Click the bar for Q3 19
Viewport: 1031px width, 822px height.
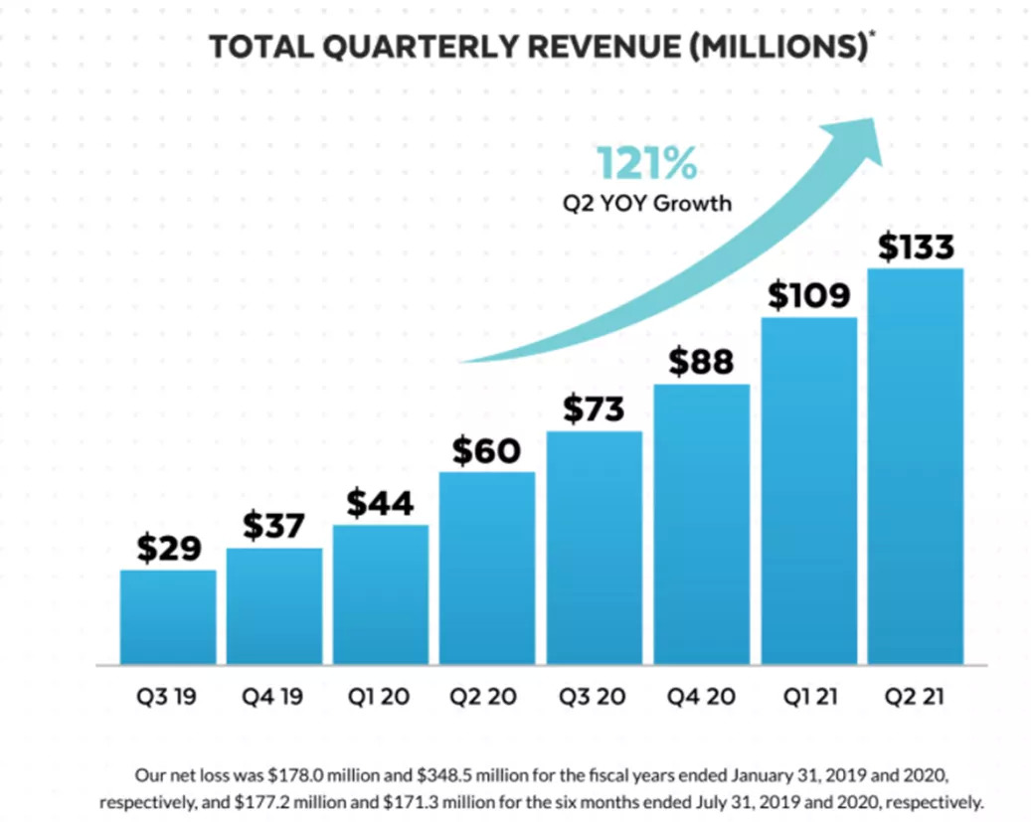[168, 616]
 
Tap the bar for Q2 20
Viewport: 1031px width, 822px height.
[487, 568]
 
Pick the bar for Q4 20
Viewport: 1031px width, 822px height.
[701, 524]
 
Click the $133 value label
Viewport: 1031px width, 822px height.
[915, 247]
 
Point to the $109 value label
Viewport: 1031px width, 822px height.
[808, 295]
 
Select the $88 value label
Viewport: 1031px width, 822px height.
[701, 363]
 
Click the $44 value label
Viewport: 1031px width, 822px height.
[381, 504]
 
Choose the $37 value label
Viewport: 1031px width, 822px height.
[274, 527]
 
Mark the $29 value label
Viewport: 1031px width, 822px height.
[168, 549]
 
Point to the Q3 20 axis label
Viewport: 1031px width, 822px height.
[594, 697]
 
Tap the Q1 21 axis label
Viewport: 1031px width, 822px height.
[808, 697]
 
